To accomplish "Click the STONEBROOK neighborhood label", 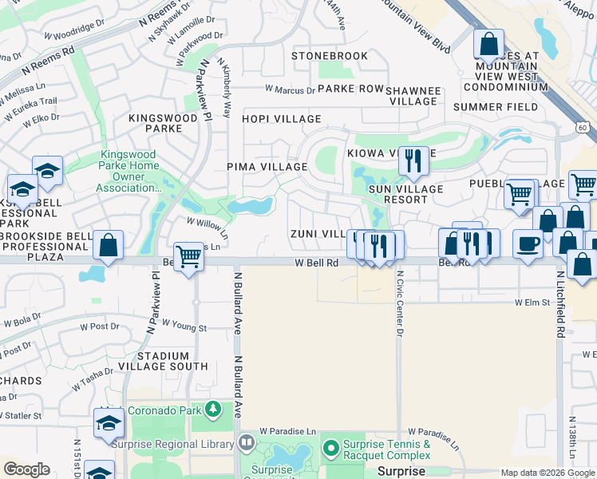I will tap(330, 56).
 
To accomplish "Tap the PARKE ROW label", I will tap(350, 89).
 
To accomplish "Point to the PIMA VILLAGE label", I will tap(267, 167).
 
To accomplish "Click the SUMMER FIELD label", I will tap(495, 107).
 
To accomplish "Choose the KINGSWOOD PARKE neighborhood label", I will tap(163, 123).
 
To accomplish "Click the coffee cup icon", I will tap(527, 243).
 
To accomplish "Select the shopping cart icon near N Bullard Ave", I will tap(188, 257).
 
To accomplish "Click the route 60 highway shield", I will tap(583, 127).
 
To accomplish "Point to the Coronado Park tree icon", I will tap(213, 410).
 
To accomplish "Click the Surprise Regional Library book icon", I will tap(247, 442).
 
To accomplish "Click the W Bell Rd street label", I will tap(317, 262).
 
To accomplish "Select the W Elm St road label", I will tap(534, 303).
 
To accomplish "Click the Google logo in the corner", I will tap(26, 469).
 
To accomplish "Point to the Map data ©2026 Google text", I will tap(547, 473).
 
